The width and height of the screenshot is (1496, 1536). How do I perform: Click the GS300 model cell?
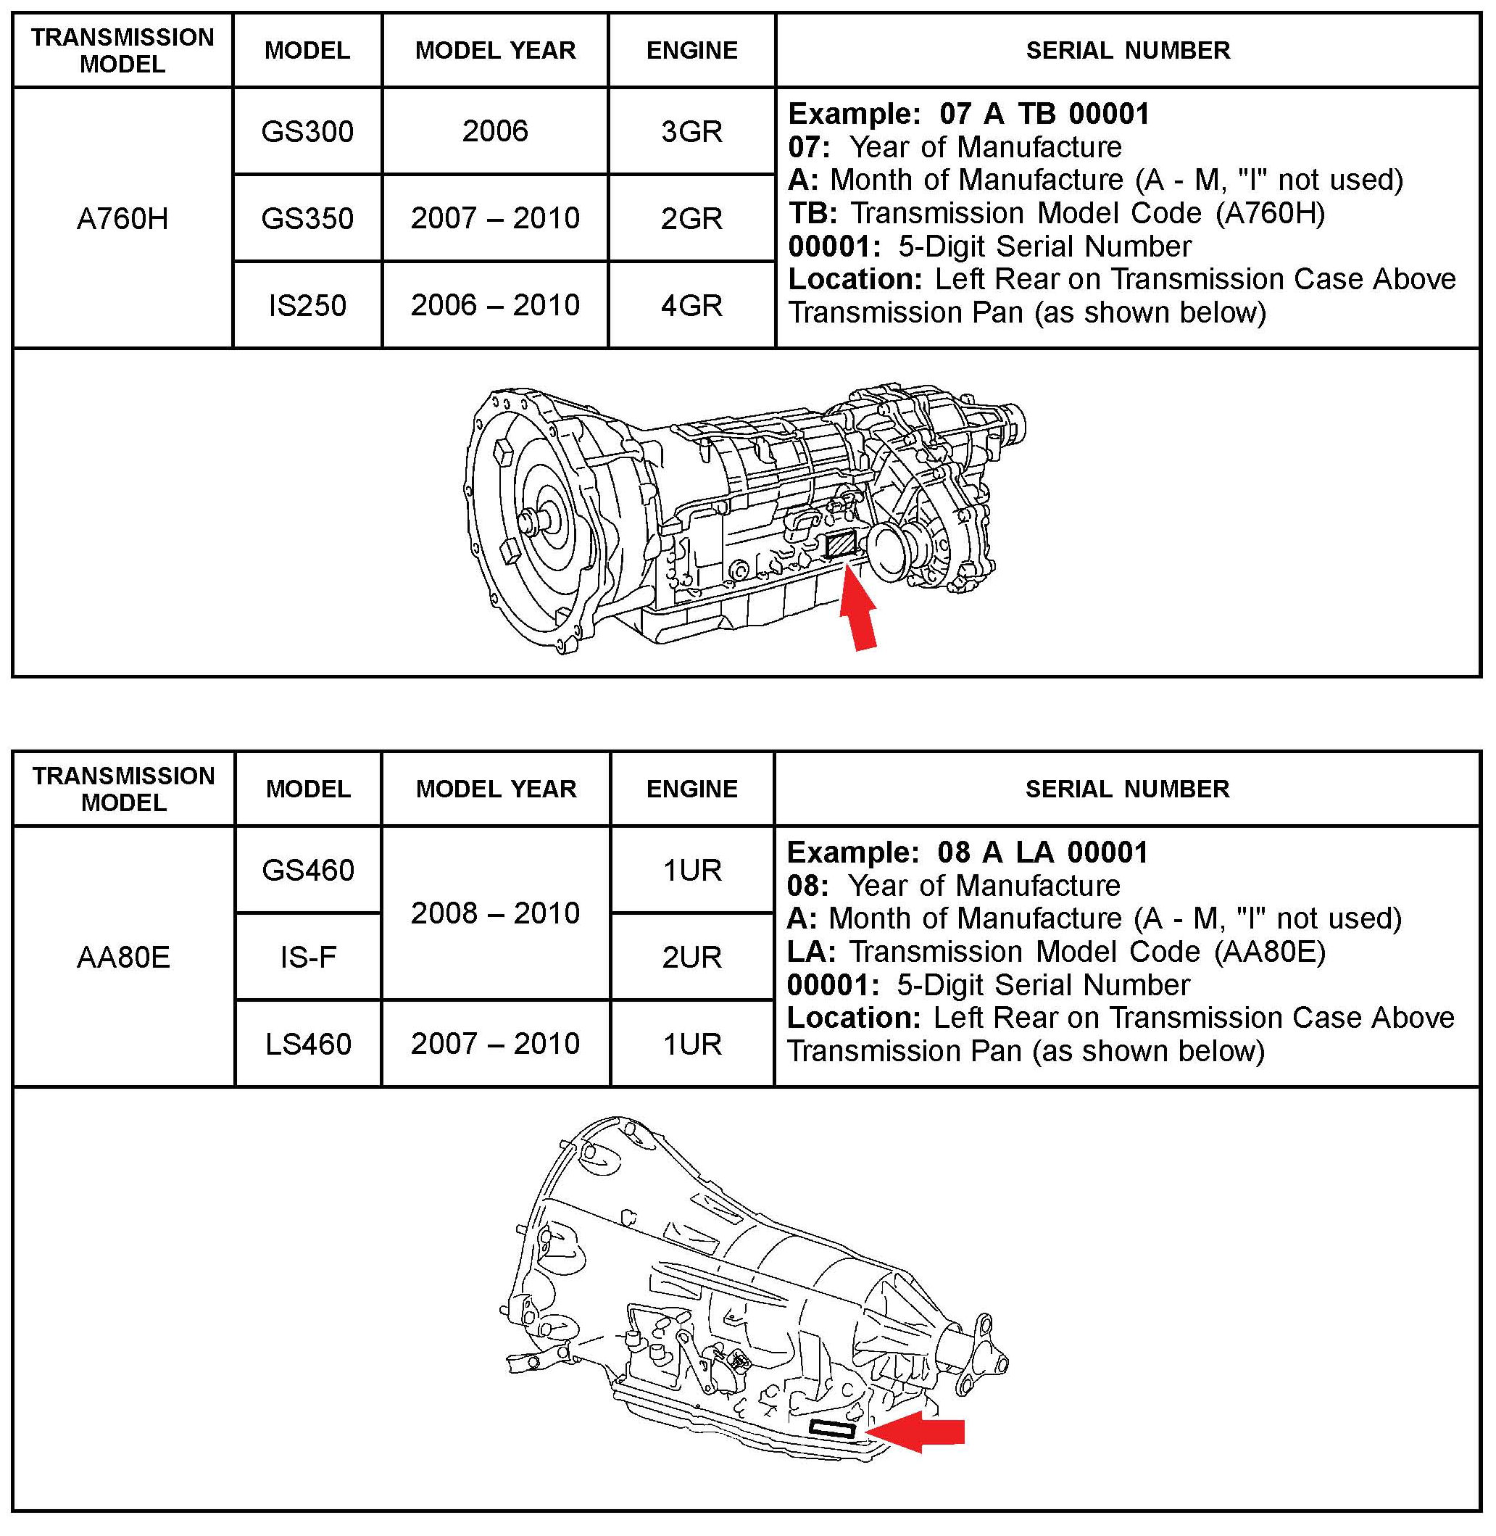[x=307, y=131]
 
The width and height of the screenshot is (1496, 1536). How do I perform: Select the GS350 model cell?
[x=307, y=218]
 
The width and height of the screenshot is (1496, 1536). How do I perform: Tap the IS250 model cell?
[x=307, y=305]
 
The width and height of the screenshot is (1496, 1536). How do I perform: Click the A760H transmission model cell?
[x=122, y=218]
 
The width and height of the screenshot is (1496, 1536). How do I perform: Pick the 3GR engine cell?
[x=691, y=131]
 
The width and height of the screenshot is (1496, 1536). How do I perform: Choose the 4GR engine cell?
[x=691, y=305]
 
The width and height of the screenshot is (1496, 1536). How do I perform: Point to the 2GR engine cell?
[x=691, y=218]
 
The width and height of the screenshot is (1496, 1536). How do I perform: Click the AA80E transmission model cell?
[x=123, y=957]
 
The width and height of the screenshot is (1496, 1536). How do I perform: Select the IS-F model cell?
[x=308, y=957]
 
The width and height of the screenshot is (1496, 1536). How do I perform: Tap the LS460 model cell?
[x=308, y=1044]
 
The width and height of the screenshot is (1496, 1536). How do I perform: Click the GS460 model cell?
[x=308, y=870]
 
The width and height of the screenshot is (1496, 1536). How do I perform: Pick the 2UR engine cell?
[x=691, y=957]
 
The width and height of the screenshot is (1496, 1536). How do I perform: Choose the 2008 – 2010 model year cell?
[x=495, y=913]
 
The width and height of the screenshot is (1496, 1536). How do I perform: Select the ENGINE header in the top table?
[x=691, y=50]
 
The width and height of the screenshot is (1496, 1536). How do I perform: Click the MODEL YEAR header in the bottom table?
[x=496, y=789]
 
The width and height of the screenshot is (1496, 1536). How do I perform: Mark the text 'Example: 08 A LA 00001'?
[x=967, y=852]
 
